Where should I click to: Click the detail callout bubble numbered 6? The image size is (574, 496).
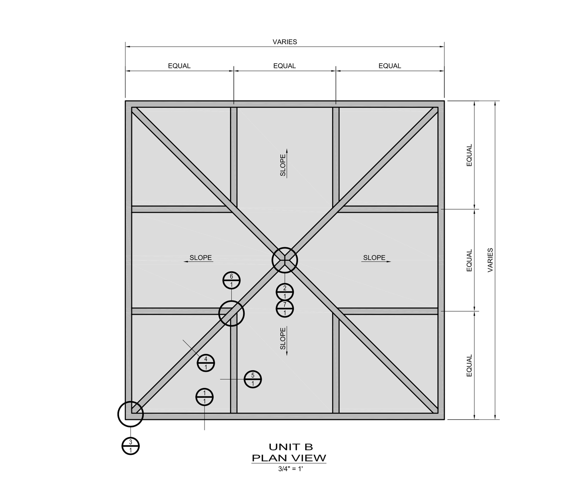[x=231, y=280]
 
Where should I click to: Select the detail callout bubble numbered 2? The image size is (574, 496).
[x=284, y=292]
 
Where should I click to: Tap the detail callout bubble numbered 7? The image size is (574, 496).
[x=284, y=309]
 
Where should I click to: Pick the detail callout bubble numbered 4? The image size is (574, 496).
[x=206, y=363]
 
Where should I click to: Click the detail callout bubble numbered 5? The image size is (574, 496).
[x=253, y=379]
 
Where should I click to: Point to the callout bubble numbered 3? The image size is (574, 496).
[x=130, y=446]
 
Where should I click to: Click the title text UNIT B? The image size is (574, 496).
[x=291, y=447]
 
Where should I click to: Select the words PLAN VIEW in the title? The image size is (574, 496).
[x=289, y=458]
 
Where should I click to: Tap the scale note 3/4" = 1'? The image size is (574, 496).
[x=290, y=469]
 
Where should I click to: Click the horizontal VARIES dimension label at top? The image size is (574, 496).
[x=285, y=42]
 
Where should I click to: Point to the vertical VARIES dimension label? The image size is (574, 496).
[x=490, y=260]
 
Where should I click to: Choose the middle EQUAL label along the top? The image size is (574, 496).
[x=284, y=66]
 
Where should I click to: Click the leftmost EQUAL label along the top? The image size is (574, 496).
[x=179, y=66]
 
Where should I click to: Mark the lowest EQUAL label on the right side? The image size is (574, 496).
[x=469, y=365]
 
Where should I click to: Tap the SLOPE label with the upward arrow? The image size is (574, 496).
[x=283, y=163]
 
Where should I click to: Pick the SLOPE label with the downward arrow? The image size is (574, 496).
[x=283, y=340]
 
